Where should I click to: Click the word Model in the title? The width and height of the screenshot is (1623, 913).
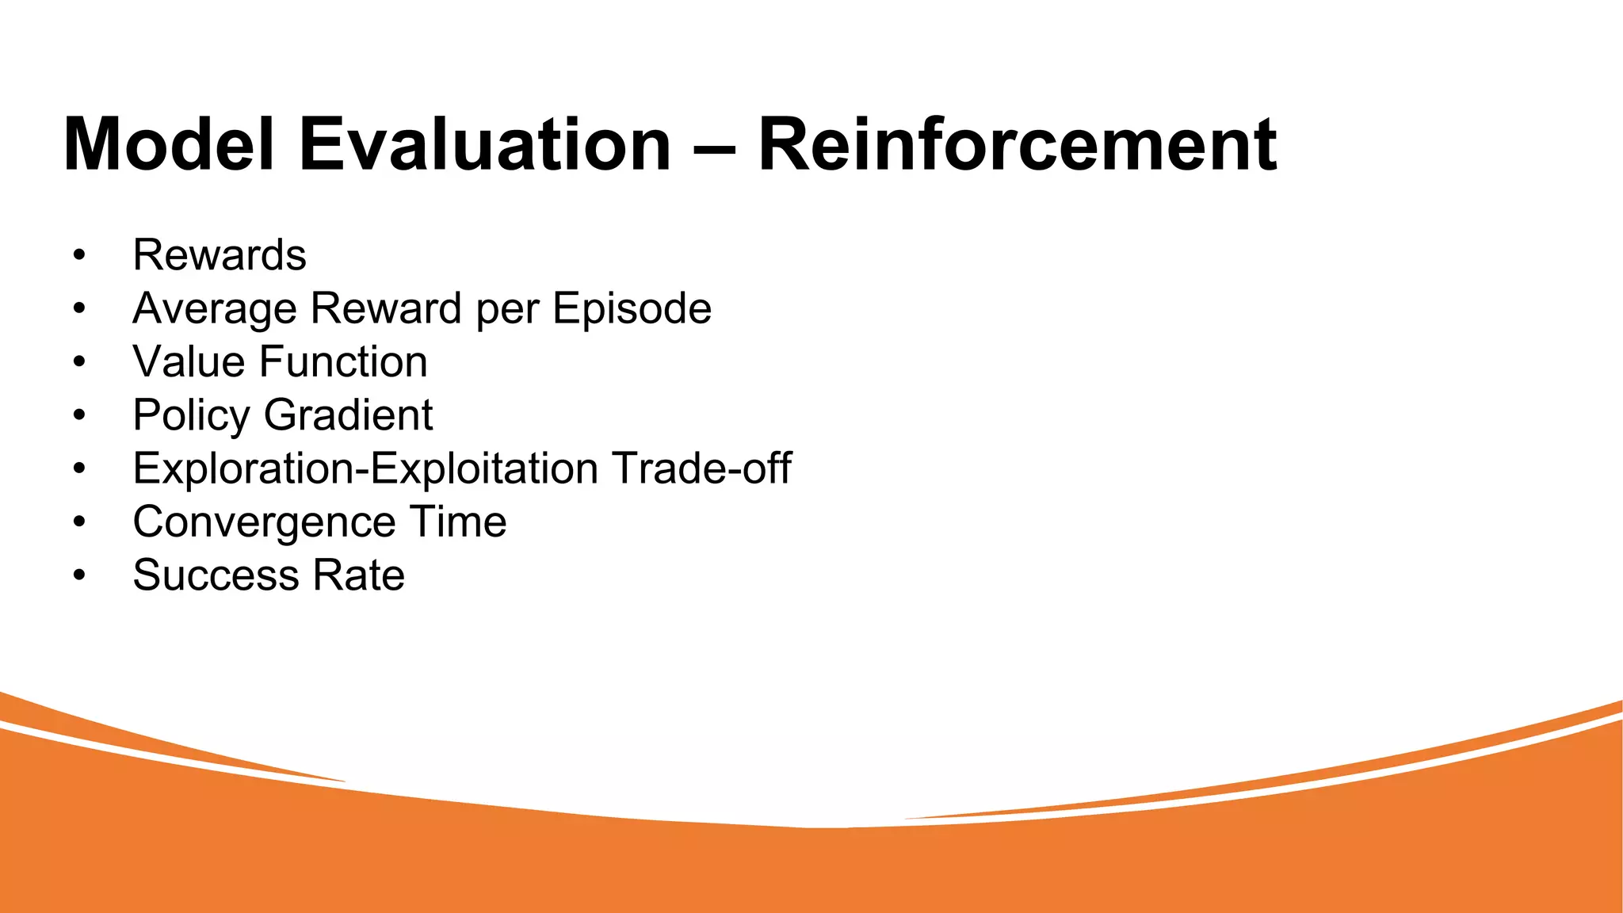[169, 144]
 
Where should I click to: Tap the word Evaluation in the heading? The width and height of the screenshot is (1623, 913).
[485, 144]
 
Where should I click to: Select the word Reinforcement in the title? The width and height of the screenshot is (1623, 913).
[1018, 144]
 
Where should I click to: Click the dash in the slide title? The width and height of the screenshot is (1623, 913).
[715, 147]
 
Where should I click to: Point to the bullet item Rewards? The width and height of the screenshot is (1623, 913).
[220, 255]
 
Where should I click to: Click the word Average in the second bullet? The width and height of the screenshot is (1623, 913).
[218, 308]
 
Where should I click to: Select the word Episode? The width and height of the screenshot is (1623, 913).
[632, 308]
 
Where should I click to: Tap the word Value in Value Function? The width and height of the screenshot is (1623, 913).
[189, 362]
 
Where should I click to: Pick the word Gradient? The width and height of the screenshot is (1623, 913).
[348, 415]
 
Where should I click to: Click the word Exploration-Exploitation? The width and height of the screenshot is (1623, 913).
[365, 468]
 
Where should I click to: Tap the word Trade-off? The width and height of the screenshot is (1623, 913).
[701, 468]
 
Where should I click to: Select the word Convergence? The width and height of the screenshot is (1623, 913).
[264, 522]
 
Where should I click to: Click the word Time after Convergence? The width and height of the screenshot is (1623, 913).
[457, 522]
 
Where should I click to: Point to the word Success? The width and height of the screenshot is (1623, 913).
[216, 575]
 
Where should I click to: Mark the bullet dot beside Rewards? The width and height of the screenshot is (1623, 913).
[78, 256]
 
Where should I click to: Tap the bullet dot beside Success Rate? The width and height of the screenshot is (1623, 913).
[78, 576]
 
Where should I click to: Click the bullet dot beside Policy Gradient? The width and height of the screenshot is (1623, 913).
[78, 416]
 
